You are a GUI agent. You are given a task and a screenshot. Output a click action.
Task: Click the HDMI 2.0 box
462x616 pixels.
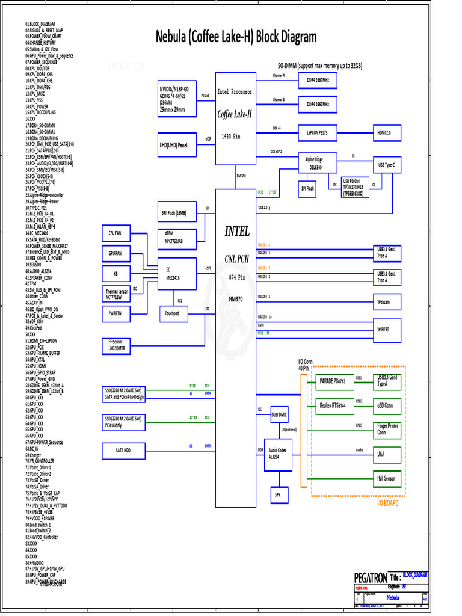(384, 133)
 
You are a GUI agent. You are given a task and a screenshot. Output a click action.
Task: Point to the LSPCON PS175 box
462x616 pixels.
(317, 133)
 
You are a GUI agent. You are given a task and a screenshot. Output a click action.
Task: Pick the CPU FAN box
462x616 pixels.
(115, 233)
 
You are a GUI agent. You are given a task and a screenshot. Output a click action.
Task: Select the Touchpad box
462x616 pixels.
(172, 313)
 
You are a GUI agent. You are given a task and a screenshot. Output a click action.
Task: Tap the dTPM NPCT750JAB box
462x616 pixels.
(173, 238)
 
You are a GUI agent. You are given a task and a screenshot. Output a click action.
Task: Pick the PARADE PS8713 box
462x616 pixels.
(331, 381)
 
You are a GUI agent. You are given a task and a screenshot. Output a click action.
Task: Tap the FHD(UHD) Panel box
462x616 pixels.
(173, 145)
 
